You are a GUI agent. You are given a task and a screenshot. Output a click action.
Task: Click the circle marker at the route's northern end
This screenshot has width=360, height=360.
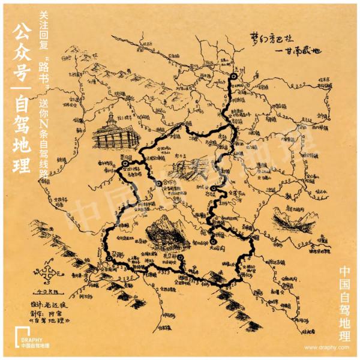point(233,77)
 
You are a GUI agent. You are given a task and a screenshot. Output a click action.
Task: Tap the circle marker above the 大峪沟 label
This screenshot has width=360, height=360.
point(213,242)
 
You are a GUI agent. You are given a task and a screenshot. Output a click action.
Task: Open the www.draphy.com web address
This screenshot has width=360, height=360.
point(326,347)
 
